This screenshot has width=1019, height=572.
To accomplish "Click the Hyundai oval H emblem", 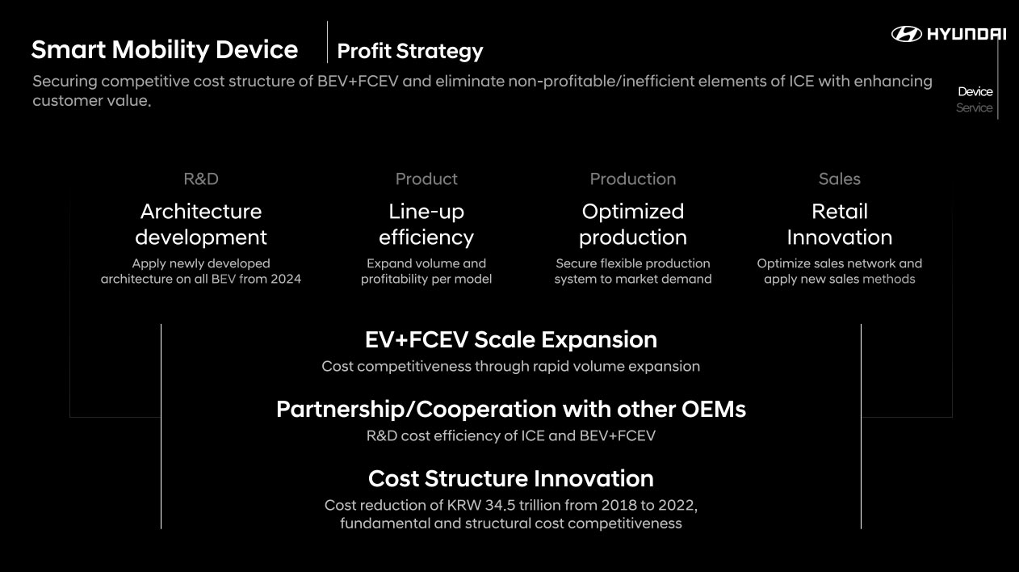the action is click(906, 34).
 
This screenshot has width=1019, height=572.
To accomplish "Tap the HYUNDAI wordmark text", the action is click(967, 34).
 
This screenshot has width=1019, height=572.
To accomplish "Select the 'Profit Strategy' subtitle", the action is click(410, 51).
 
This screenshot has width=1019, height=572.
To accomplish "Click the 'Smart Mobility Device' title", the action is click(165, 50).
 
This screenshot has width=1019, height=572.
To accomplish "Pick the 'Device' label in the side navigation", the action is click(975, 91).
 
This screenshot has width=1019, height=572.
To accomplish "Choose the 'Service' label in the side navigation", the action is click(974, 107).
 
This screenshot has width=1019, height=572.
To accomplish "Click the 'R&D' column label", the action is click(201, 179).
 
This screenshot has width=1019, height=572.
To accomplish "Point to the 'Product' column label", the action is click(426, 179).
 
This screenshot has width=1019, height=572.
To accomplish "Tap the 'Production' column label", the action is click(633, 179).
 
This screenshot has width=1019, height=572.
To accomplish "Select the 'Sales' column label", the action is click(839, 179).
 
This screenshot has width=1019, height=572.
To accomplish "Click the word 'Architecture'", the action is click(201, 212).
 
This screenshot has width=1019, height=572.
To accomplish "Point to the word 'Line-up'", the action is click(426, 212).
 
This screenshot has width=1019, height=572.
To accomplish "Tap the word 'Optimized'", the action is click(633, 212).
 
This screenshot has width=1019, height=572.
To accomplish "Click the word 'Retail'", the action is click(840, 212).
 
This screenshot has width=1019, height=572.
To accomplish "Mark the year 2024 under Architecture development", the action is click(286, 279).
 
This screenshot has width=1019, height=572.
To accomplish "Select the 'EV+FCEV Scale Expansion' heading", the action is click(511, 340).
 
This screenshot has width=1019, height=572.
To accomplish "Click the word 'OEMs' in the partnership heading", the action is click(713, 409).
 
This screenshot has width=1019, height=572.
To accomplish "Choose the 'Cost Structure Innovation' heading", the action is click(511, 479).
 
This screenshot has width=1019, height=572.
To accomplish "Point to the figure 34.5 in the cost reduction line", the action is click(500, 505).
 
